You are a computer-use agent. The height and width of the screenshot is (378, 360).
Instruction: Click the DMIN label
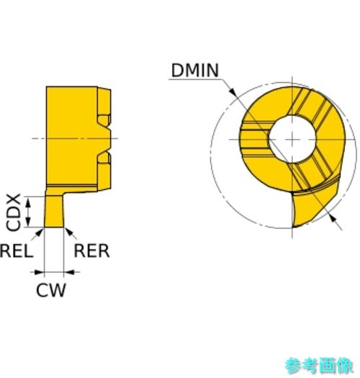(x=195, y=71)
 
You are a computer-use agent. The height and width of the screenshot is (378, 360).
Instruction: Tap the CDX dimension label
(x=13, y=212)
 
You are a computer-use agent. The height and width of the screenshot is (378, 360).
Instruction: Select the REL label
(x=17, y=251)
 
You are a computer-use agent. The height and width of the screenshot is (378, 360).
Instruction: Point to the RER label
(x=91, y=251)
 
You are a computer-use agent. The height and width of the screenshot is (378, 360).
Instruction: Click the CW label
(x=51, y=289)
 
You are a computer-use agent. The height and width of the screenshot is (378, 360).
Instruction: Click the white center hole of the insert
(x=292, y=139)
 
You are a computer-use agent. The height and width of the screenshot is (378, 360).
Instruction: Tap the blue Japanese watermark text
(x=319, y=365)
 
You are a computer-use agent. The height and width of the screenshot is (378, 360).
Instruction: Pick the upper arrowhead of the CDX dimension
(x=29, y=202)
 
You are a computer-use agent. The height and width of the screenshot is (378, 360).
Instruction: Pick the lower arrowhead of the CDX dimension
(x=29, y=222)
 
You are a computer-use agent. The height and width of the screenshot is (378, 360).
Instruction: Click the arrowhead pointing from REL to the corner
(x=40, y=232)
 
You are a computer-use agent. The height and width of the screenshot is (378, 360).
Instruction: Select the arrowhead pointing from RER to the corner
(x=68, y=232)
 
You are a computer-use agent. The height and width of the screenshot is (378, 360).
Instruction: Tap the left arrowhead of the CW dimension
(x=40, y=272)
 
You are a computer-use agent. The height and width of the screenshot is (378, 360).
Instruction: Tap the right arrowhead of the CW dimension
(x=68, y=272)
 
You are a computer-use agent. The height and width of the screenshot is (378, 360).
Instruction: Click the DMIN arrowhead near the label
(x=233, y=92)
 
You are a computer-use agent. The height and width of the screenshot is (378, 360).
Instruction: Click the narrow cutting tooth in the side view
(x=54, y=211)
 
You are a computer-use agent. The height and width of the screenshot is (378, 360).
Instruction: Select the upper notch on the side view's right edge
(x=105, y=120)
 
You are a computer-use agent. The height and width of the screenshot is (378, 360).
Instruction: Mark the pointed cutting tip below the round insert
(x=294, y=226)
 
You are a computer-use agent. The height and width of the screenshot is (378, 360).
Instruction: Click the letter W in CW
(x=58, y=290)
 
